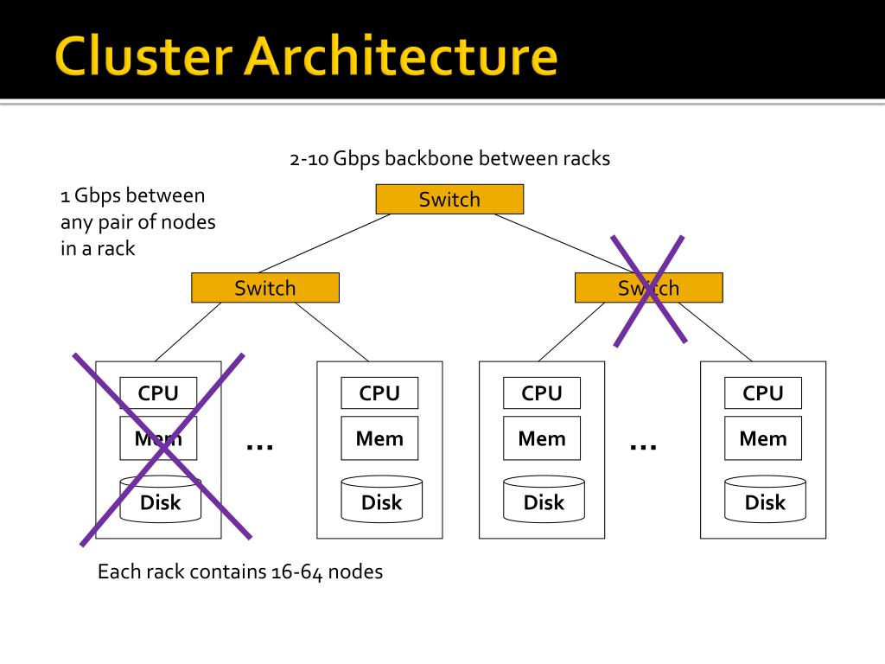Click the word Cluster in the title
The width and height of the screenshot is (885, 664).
click(143, 55)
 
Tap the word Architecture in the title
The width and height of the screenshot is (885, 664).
click(401, 55)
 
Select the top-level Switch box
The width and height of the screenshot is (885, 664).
click(449, 200)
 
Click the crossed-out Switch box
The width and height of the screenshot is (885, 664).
click(648, 288)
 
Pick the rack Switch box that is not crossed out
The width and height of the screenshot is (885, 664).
click(265, 288)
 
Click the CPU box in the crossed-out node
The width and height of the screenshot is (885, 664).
click(158, 393)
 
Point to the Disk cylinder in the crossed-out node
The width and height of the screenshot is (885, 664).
click(160, 499)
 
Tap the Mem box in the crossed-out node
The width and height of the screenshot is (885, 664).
click(158, 438)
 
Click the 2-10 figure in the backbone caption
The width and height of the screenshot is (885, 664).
click(309, 159)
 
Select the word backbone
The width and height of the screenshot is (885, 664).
click(428, 158)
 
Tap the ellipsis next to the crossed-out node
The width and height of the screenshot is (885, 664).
click(259, 447)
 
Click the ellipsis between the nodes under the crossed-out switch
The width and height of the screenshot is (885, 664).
click(643, 447)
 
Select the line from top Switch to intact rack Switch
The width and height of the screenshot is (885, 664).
click(325, 243)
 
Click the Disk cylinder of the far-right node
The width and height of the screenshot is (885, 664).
click(766, 499)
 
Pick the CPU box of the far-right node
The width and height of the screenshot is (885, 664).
click(763, 393)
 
